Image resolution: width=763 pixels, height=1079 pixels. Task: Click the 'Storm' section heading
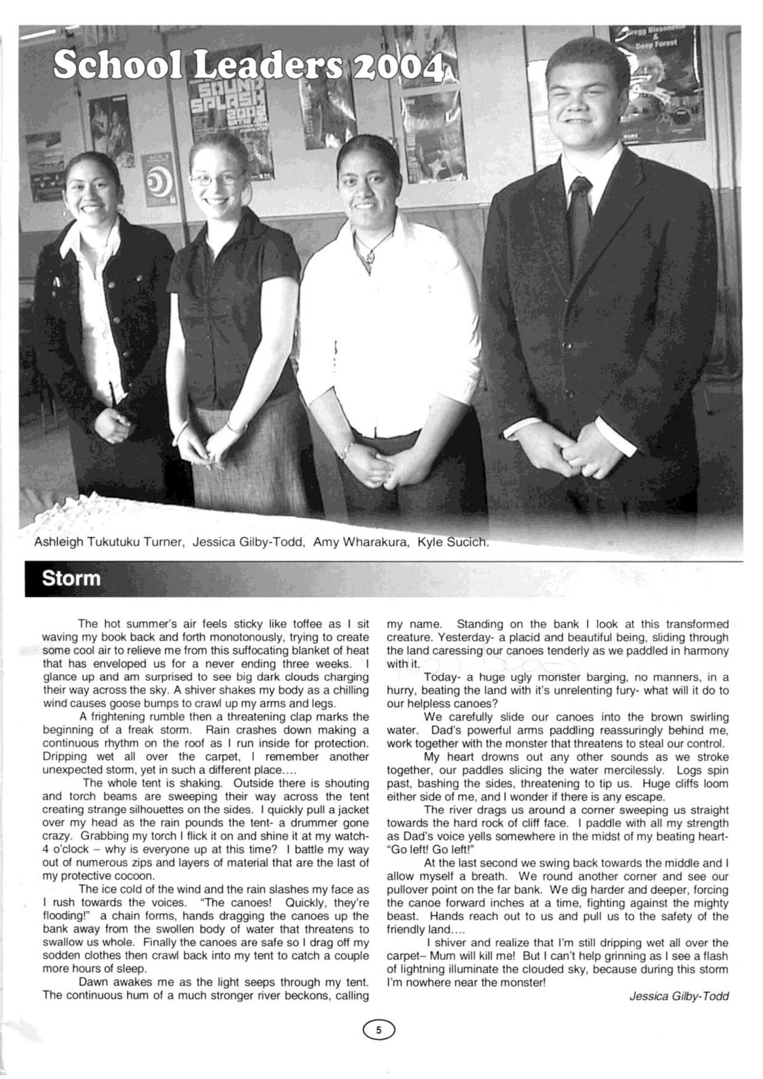[x=71, y=579]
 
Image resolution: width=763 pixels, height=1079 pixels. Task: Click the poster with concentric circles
[x=158, y=180]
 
